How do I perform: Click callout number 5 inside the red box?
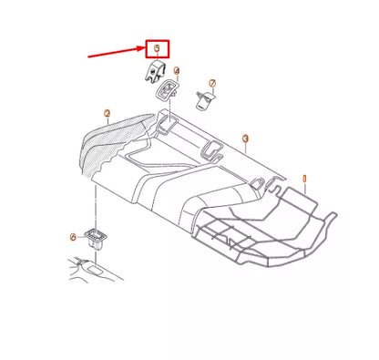[157, 47]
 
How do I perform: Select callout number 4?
[177, 70]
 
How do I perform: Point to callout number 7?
[213, 83]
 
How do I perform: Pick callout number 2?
[107, 114]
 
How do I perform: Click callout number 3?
[246, 138]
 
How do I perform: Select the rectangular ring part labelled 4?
[168, 88]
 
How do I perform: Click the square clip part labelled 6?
[97, 240]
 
